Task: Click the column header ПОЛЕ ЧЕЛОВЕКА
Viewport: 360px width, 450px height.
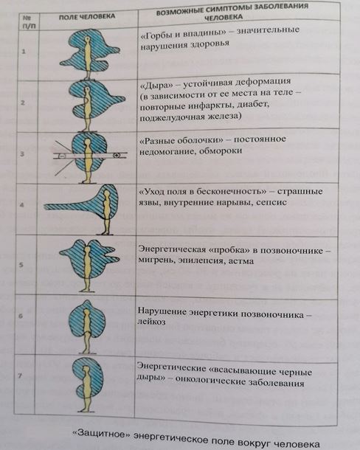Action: click(87, 17)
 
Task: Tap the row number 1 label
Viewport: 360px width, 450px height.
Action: click(24, 52)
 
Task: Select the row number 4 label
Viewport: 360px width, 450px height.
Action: click(22, 205)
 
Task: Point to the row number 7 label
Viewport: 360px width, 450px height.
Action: click(20, 375)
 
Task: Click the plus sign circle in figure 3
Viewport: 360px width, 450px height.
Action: click(117, 155)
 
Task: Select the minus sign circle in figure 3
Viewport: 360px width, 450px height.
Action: click(62, 156)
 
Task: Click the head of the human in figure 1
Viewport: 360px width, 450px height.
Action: click(87, 39)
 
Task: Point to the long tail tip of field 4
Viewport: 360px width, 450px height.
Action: click(45, 207)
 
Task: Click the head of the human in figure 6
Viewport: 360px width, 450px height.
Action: click(86, 311)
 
